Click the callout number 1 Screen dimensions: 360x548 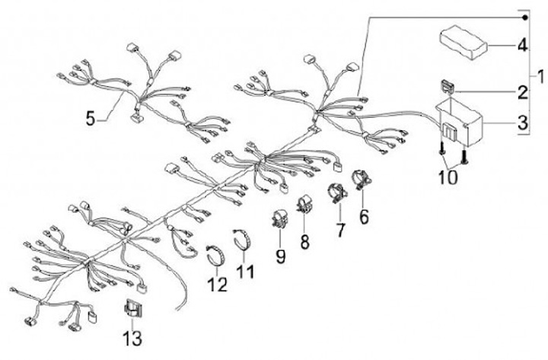[539, 77]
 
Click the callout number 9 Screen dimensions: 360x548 [280, 256]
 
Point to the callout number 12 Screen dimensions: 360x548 [218, 285]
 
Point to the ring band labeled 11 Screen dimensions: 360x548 [244, 238]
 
